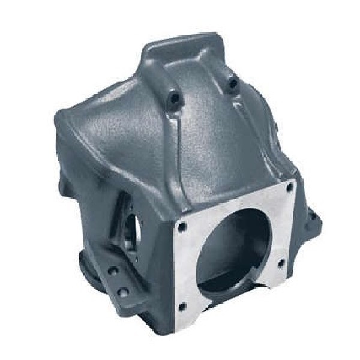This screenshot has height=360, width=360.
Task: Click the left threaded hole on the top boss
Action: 175,96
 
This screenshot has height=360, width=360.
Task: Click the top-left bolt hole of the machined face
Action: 182,227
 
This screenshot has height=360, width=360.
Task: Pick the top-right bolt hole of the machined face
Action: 289,187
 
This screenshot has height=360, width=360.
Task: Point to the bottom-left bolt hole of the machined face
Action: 184,307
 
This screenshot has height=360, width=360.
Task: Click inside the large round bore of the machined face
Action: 237,246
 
